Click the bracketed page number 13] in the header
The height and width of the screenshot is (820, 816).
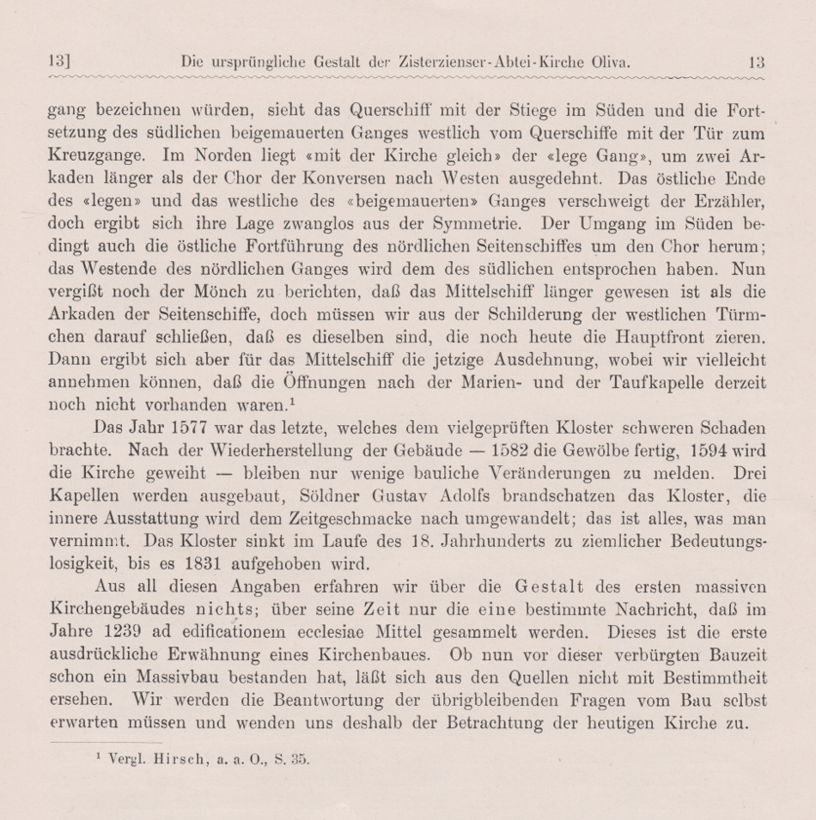(59, 61)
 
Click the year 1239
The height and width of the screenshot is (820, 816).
(133, 633)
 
